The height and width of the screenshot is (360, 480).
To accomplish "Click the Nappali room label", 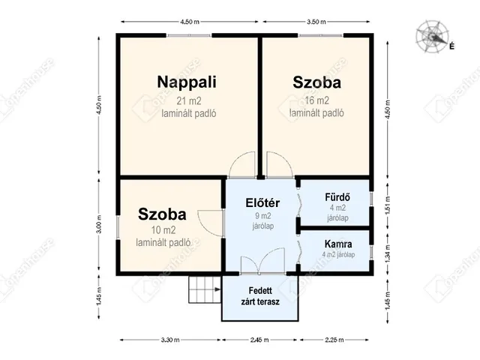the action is click(187, 82).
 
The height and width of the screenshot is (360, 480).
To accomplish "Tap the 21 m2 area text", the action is click(189, 100).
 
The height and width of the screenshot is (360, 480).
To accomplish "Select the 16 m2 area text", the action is click(316, 100).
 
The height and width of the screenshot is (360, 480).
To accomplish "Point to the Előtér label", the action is click(262, 202).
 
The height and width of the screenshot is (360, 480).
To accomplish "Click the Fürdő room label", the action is click(337, 196).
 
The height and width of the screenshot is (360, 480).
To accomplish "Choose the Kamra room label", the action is click(338, 244).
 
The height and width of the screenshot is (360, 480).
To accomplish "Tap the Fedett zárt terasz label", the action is click(260, 296).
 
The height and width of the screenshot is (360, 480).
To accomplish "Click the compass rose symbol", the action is click(432, 37).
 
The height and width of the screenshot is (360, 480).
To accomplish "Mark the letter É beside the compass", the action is click(451, 46).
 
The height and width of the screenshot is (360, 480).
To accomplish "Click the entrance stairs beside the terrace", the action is click(205, 289).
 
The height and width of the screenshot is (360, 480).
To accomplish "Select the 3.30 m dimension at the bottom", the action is click(170, 340).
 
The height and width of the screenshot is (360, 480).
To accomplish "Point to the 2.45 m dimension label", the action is click(259, 340).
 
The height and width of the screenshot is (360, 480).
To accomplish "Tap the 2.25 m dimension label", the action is click(334, 340).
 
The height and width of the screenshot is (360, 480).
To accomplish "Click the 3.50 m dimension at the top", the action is click(316, 22).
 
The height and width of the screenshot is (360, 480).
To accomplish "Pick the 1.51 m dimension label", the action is click(388, 205).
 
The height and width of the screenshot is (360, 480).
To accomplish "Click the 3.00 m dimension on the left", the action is click(98, 224).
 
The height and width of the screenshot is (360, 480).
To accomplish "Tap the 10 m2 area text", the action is click(163, 230).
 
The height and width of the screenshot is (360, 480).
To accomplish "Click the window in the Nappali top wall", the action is click(189, 35).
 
